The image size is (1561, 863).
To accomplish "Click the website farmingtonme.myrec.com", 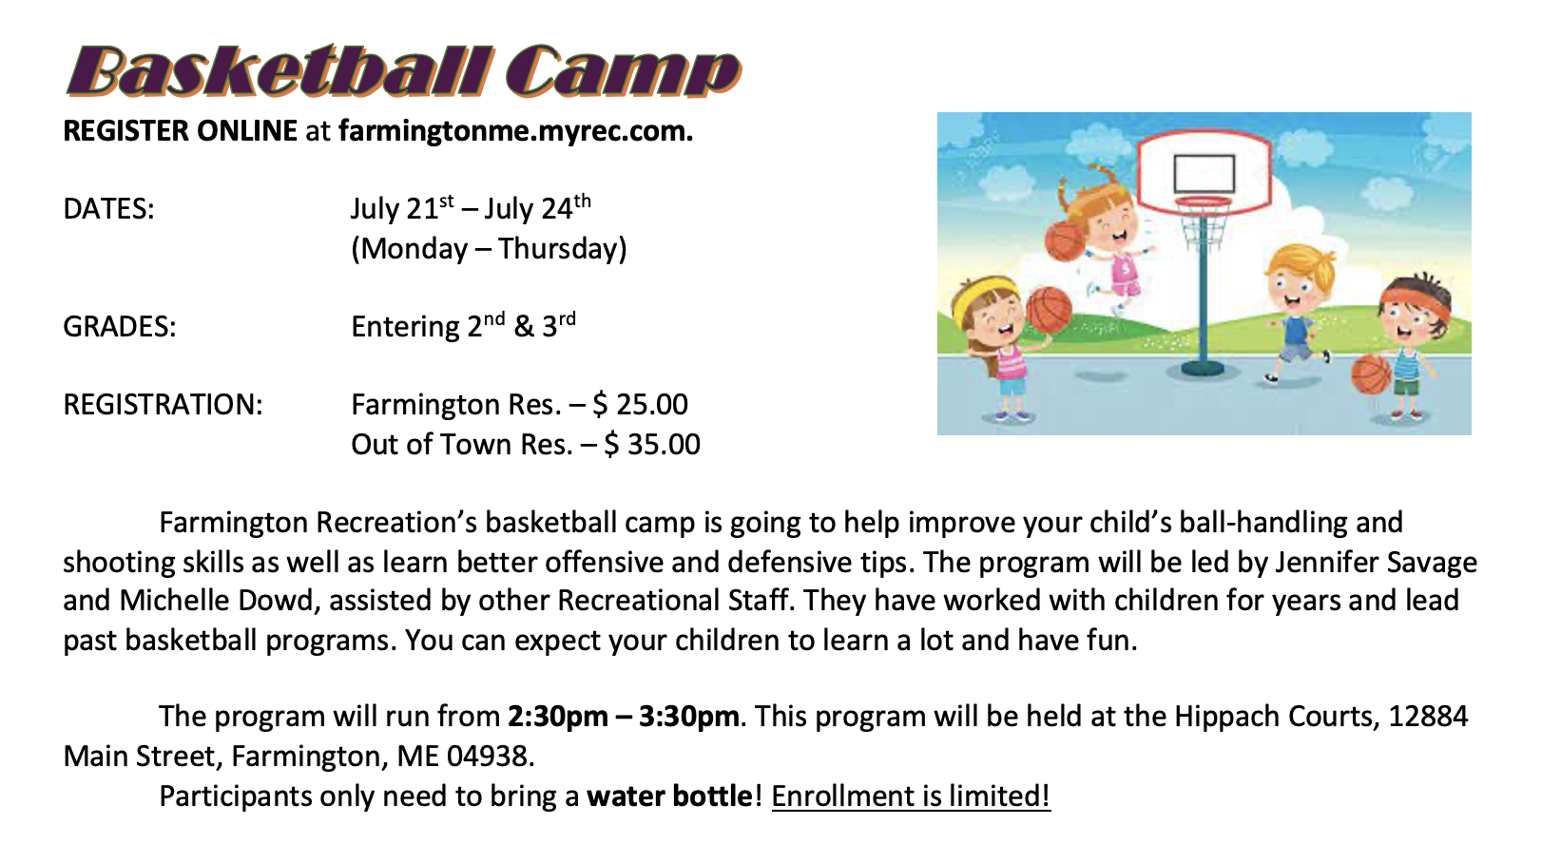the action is tap(515, 131).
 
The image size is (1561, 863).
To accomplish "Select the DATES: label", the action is tap(108, 209).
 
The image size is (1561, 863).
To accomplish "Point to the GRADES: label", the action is tap(120, 327).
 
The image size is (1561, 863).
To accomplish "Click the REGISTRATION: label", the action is tap(164, 405).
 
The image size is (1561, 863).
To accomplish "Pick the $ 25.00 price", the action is tap(641, 405).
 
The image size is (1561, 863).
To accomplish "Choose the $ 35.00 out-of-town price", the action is tap(652, 445).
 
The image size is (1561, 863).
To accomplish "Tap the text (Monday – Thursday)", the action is tap(489, 249).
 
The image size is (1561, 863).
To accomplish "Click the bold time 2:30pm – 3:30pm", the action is tap(624, 717).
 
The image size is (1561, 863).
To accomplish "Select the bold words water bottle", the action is tap(669, 796).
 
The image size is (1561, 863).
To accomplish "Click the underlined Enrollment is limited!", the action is tap(911, 796).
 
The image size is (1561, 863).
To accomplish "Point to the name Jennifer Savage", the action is tap(1376, 563).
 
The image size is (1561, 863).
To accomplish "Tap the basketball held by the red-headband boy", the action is tap(1371, 374).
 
